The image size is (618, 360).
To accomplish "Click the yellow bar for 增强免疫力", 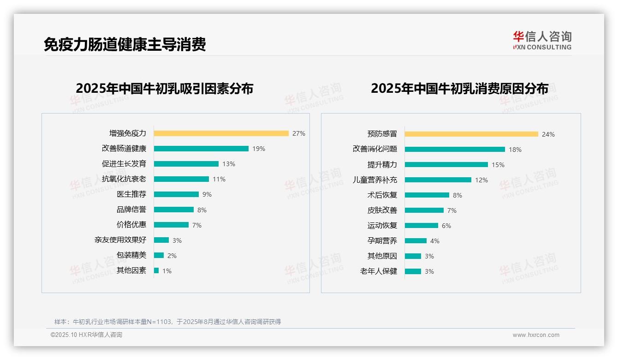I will coord(221,133).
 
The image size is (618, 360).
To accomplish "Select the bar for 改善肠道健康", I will coord(201,149).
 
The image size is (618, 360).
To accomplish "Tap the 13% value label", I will coord(229,164).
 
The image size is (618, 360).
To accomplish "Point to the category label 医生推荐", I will coord(131,194).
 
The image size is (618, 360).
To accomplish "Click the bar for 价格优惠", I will coord(171,225).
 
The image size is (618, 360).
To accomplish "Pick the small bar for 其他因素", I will coord(156,270).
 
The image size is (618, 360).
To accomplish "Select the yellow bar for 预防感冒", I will coord(471,134).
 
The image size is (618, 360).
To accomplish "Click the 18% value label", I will coord(515,150).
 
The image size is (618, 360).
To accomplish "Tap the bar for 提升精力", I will coord(446,164).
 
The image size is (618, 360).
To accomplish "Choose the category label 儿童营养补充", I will coord(374,180).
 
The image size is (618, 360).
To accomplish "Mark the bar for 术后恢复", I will coord(427,195).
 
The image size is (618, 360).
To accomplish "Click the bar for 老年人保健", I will coord(413,271).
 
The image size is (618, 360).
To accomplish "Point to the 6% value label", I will coord(446,226).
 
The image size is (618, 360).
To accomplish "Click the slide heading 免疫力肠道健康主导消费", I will coord(125,44).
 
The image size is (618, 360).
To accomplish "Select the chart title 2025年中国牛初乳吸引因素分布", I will coord(164,89).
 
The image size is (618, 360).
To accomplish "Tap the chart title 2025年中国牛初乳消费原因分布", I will coord(459,89).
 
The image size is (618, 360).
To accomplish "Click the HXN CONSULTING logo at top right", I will coord(542,41).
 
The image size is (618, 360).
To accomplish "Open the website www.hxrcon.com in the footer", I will coord(536,335).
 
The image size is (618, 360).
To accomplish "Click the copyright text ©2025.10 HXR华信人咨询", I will coord(86,335).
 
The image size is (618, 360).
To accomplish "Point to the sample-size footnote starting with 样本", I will coord(167,322).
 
